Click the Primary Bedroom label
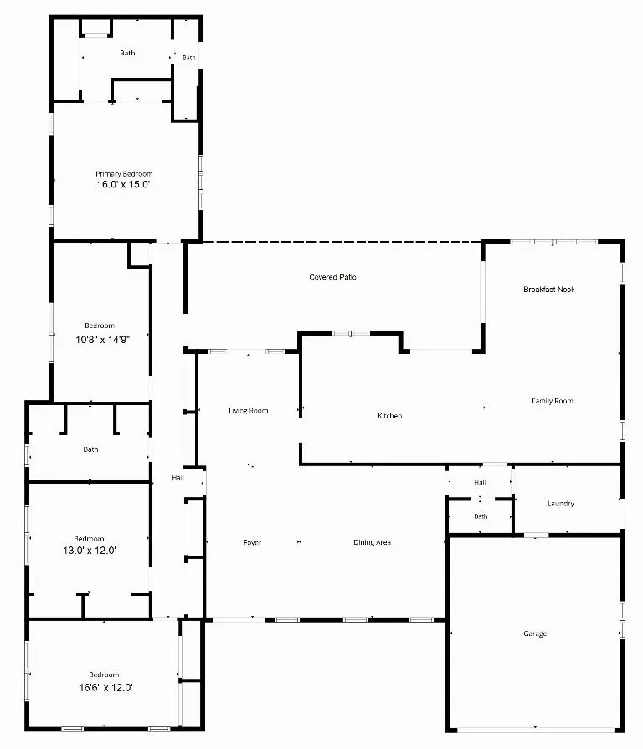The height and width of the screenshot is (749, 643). click(x=124, y=174)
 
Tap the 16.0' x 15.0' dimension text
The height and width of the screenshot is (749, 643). click(x=124, y=185)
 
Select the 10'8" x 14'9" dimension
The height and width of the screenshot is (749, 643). click(x=103, y=340)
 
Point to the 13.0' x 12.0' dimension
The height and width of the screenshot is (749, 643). click(x=90, y=551)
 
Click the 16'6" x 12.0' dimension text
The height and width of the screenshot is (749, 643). click(x=105, y=687)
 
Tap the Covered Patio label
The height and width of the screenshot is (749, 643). click(x=332, y=277)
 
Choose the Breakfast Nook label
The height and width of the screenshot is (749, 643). click(x=549, y=290)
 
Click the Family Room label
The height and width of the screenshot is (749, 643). click(x=553, y=401)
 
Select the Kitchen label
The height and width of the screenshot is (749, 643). click(x=390, y=416)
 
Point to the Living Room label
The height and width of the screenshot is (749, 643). click(x=249, y=411)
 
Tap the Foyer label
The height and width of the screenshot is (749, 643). click(x=252, y=542)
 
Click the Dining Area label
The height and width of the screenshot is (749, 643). click(x=372, y=542)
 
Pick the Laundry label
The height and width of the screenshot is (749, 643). click(x=561, y=504)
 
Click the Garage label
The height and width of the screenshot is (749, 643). click(x=535, y=634)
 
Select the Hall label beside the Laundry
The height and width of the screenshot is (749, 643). click(x=480, y=482)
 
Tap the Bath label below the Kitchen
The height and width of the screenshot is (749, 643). click(x=481, y=516)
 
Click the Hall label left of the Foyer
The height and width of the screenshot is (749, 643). click(x=177, y=478)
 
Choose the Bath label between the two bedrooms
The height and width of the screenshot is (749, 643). click(x=90, y=449)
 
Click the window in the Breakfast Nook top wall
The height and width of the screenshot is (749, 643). click(x=553, y=242)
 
